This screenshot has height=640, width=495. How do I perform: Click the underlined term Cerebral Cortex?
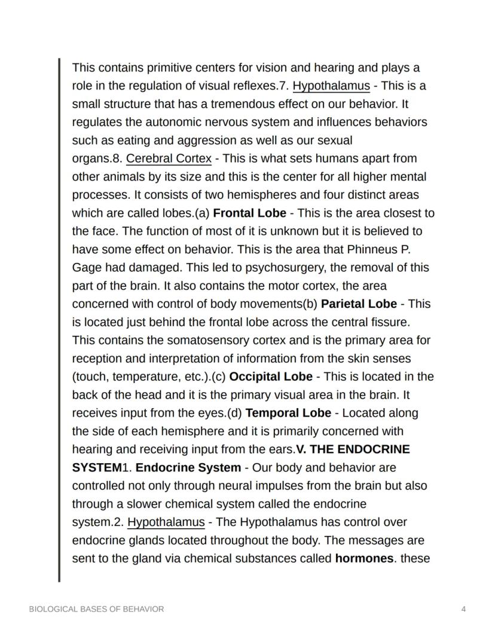(x=169, y=158)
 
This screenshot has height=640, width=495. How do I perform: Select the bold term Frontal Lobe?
(x=249, y=213)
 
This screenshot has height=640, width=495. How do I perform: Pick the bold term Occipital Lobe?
(x=270, y=376)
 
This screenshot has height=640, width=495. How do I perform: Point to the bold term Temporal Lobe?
(x=288, y=413)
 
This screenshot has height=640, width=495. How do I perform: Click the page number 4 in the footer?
(x=463, y=609)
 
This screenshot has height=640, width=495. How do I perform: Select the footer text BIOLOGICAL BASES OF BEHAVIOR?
(x=96, y=609)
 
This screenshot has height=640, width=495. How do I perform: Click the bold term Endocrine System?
(x=188, y=467)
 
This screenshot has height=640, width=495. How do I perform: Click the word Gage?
(x=85, y=268)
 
